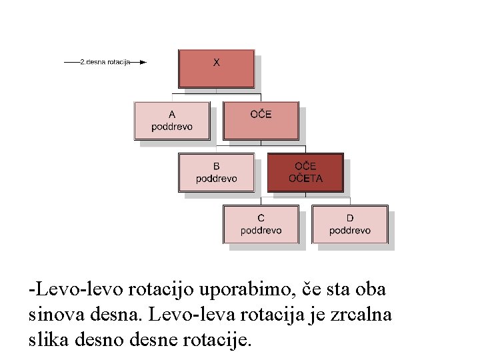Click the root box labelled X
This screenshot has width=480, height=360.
tap(216, 68)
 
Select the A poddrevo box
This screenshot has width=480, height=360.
tap(172, 120)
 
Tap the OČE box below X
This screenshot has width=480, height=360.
tap(261, 120)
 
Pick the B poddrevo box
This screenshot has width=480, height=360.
tap(216, 172)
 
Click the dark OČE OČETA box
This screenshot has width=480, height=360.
tap(305, 172)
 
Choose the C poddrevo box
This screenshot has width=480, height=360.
tap(261, 224)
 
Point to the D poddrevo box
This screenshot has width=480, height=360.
tap(349, 224)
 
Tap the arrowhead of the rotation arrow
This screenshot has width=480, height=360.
tap(143, 62)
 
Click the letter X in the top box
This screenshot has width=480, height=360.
tap(217, 62)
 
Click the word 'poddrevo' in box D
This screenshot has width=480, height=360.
tap(349, 231)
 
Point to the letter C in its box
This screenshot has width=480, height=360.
tap(261, 218)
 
